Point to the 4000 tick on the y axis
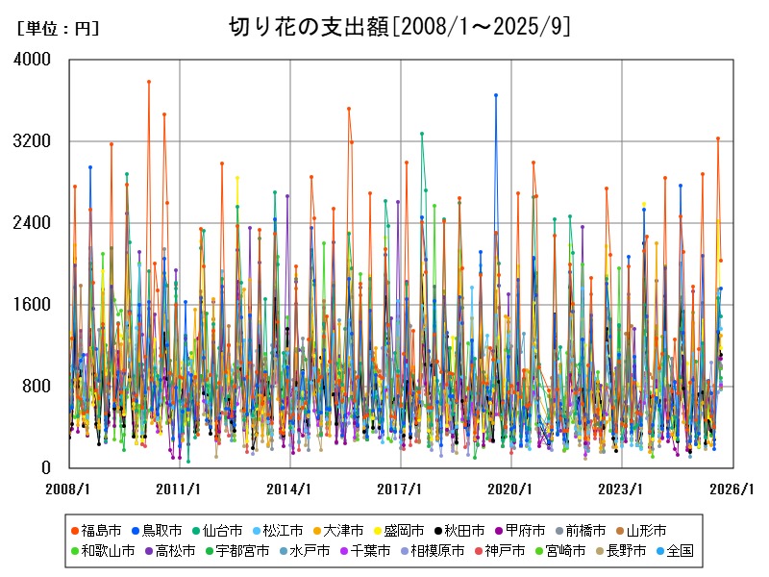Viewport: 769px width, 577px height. (34, 60)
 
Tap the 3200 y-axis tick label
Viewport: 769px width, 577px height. (34, 141)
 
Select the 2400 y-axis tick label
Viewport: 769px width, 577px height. (34, 223)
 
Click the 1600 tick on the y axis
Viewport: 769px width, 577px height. (34, 305)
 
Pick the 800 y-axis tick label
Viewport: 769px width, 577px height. (37, 387)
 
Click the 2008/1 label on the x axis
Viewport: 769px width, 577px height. (69, 489)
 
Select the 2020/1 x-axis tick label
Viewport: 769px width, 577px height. (510, 489)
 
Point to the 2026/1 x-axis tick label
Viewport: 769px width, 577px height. (732, 489)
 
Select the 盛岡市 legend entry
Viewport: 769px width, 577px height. (405, 530)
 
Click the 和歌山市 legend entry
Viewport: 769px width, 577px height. (105, 551)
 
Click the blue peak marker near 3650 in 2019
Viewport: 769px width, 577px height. (496, 95)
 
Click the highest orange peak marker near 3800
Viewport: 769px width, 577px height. (149, 82)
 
